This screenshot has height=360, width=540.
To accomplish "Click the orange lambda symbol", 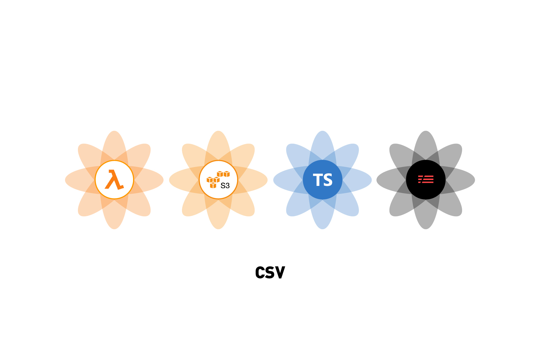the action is (x=114, y=179).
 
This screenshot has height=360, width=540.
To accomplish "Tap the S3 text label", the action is (x=225, y=186).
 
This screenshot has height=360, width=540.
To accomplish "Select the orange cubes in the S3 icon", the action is (x=218, y=179).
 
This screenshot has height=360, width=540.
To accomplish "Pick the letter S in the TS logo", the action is (x=328, y=180).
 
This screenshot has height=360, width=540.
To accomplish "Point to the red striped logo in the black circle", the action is (x=426, y=179).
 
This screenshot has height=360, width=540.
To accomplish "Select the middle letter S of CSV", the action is (x=270, y=273).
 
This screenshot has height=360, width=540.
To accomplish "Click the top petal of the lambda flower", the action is (x=114, y=145).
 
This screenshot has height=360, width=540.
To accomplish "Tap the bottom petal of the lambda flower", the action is (x=114, y=214).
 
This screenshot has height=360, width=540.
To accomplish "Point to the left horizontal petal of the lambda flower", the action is (x=80, y=180).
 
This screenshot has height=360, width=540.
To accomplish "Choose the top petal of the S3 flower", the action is (x=218, y=145).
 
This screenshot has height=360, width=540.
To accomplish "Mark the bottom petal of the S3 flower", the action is (x=218, y=214).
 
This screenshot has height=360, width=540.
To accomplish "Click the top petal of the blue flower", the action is (x=323, y=145).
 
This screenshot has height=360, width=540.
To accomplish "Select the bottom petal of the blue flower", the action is (x=323, y=214).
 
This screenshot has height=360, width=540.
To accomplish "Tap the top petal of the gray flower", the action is (x=426, y=145).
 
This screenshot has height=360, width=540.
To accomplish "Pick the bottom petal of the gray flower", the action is (x=426, y=214).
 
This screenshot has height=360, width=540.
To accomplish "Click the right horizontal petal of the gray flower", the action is (x=460, y=180).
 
